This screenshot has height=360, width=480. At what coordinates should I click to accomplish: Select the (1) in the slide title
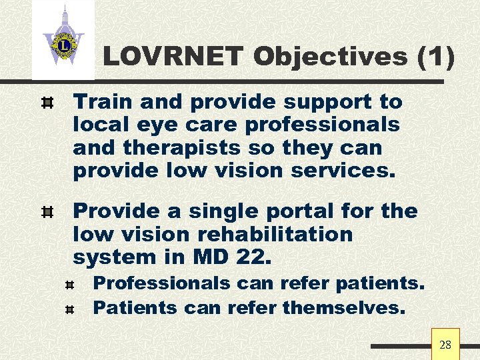point(436,57)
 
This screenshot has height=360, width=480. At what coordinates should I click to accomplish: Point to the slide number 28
point(445,345)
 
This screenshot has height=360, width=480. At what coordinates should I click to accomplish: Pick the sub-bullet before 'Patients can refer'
point(72,309)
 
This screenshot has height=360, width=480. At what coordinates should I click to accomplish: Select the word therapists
point(185,147)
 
